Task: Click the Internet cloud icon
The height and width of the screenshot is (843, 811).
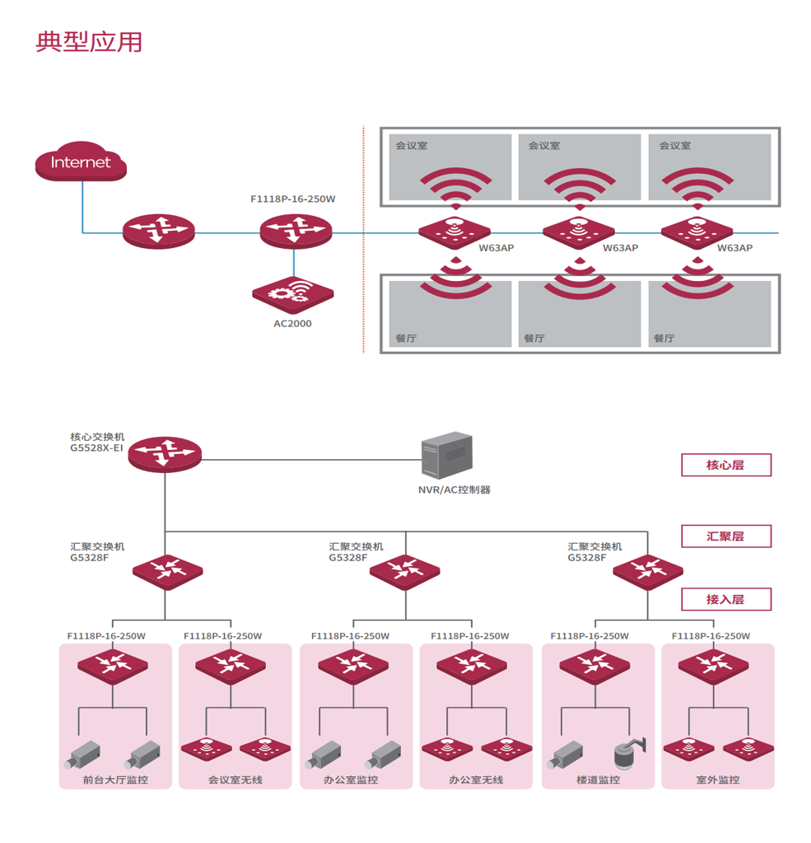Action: point(81,162)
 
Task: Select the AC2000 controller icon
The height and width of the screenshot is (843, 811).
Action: point(293,295)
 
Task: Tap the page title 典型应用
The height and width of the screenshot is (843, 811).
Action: point(89,42)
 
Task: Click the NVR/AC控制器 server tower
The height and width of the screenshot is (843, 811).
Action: point(447,455)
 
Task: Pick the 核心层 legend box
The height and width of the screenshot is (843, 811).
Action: point(726,465)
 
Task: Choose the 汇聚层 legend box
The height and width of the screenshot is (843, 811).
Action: point(726,536)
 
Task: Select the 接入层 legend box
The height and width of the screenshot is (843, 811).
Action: point(726,599)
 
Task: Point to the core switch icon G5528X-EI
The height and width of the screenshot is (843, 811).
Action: point(165,454)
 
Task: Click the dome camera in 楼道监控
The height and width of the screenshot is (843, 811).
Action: point(629,752)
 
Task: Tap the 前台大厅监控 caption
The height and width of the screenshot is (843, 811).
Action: point(115,780)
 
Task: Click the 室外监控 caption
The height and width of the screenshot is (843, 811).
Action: point(718,780)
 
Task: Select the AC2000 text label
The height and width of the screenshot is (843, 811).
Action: point(293,324)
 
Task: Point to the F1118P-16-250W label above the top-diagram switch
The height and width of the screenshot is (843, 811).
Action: point(293,199)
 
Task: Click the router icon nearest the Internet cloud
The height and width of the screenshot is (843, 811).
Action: point(159,232)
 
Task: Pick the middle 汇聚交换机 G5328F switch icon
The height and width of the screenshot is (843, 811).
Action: point(405,572)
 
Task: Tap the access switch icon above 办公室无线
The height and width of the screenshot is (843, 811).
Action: point(472,667)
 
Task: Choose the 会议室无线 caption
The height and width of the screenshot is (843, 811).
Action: point(235,780)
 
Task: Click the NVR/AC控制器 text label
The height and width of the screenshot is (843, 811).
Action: point(454,489)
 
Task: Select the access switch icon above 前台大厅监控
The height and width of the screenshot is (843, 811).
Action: point(113,667)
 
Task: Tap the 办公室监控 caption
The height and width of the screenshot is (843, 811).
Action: point(351,780)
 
